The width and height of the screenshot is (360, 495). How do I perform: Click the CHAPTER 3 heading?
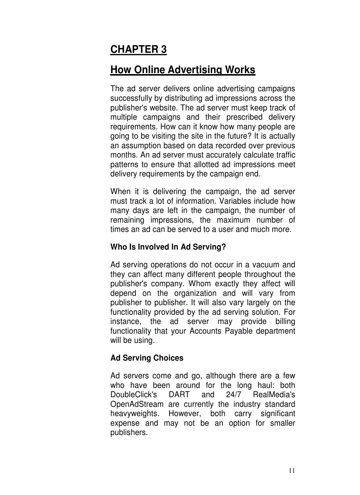click(138, 49)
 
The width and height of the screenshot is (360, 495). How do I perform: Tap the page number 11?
click(292, 471)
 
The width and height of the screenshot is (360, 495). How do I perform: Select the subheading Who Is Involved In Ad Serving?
click(168, 247)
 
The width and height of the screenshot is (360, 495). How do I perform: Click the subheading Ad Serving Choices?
click(146, 358)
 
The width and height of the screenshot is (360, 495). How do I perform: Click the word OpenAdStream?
click(137, 404)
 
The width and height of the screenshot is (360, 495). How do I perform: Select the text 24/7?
click(233, 395)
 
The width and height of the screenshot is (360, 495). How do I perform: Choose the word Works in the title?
click(240, 70)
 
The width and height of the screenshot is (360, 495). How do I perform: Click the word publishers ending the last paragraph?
click(128, 433)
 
